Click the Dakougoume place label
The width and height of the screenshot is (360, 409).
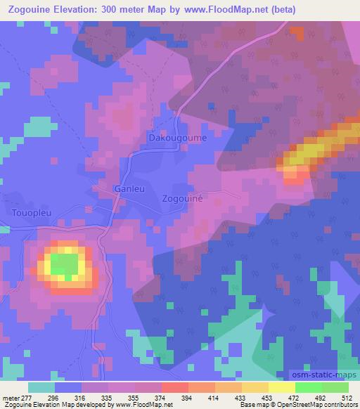pyautogui.click(x=176, y=138)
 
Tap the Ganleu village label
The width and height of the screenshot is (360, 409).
pyautogui.click(x=130, y=189)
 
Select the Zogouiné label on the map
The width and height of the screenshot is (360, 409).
pyautogui.click(x=182, y=199)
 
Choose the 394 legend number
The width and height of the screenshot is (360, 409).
pyautogui.click(x=173, y=398)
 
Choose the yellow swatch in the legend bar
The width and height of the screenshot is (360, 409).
pyautogui.click(x=281, y=387)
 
